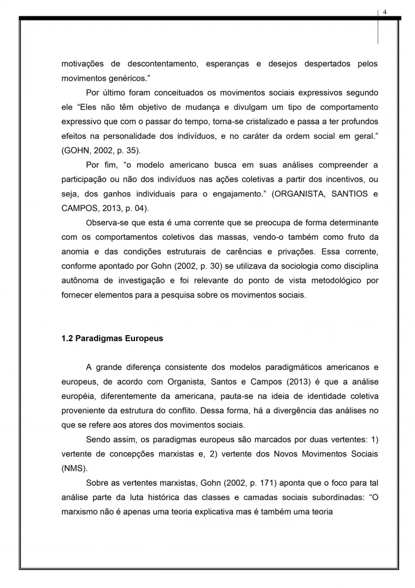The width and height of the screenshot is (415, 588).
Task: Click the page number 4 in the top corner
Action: [385, 12]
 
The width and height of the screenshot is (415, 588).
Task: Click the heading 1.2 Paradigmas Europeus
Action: [112, 339]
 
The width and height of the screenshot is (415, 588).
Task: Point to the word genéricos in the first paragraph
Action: [123, 78]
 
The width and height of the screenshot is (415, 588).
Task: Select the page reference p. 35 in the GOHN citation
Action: [123, 150]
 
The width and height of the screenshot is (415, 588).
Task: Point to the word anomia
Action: [75, 252]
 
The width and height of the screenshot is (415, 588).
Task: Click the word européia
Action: [80, 397]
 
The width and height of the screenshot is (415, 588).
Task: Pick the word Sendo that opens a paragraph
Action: [98, 440]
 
